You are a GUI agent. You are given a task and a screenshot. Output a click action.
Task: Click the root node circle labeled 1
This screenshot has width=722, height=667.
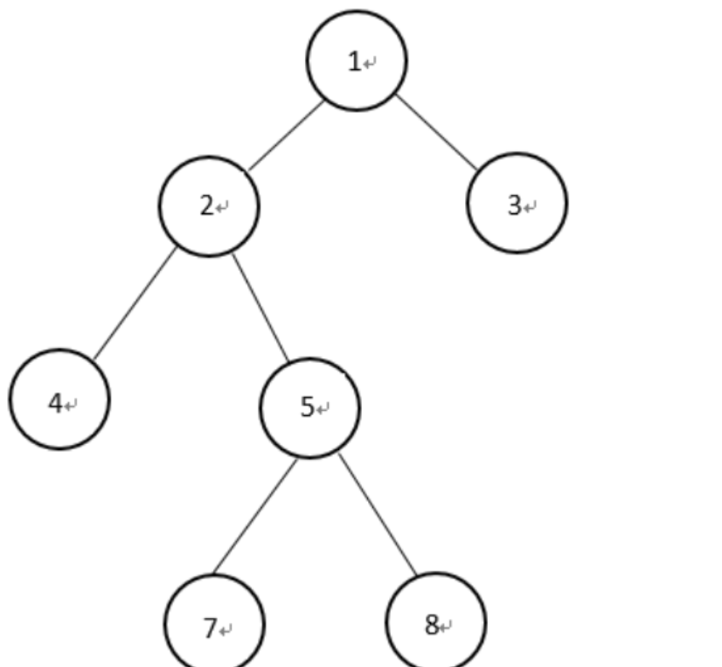(357, 60)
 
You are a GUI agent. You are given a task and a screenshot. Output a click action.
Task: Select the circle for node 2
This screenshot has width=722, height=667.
(209, 206)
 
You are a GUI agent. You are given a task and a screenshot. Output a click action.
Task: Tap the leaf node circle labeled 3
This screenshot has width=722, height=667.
(517, 203)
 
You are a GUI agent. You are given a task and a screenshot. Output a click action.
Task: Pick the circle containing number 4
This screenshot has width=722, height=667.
(59, 400)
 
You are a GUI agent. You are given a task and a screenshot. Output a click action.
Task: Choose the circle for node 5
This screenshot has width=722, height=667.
(309, 407)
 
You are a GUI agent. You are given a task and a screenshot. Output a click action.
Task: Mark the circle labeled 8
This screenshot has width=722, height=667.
(435, 622)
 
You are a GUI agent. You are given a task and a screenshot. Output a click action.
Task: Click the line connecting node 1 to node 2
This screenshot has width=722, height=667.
(286, 135)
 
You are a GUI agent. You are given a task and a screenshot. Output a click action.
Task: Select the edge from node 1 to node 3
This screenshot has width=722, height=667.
(437, 132)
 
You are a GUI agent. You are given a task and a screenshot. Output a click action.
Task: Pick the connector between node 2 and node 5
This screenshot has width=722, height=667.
(260, 307)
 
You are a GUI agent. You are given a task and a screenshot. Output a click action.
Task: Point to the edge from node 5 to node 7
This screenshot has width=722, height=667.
(255, 516)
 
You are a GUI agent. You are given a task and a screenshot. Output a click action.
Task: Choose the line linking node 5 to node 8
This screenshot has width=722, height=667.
(378, 515)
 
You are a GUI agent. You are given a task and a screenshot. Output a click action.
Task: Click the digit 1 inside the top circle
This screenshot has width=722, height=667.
(354, 62)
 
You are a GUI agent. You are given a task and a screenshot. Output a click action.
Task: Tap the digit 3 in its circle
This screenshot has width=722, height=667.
(513, 205)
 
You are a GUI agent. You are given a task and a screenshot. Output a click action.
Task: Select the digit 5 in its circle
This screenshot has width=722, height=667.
(307, 407)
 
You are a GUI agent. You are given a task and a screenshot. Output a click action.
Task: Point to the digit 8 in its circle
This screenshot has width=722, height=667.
(431, 626)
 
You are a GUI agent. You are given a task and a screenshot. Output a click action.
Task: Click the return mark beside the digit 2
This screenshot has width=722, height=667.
(224, 209)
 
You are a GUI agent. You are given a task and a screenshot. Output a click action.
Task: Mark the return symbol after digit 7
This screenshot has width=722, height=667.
(226, 630)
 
